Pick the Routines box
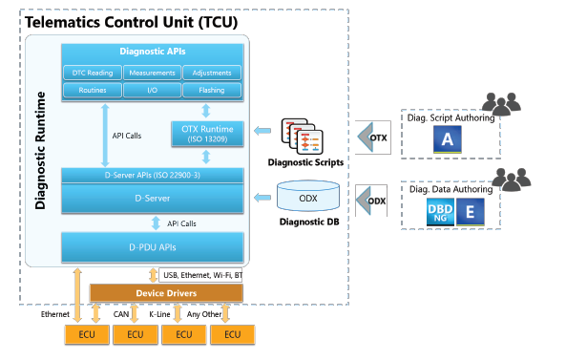pos(93,91)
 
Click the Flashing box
pos(211,91)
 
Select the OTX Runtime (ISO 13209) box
pos(207,133)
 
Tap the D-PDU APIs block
pos(152,246)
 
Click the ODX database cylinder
pos(307,197)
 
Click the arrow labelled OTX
pos(370,138)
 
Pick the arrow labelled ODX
pos(370,201)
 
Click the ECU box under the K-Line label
pos(183,334)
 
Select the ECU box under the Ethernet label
pos(86,334)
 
